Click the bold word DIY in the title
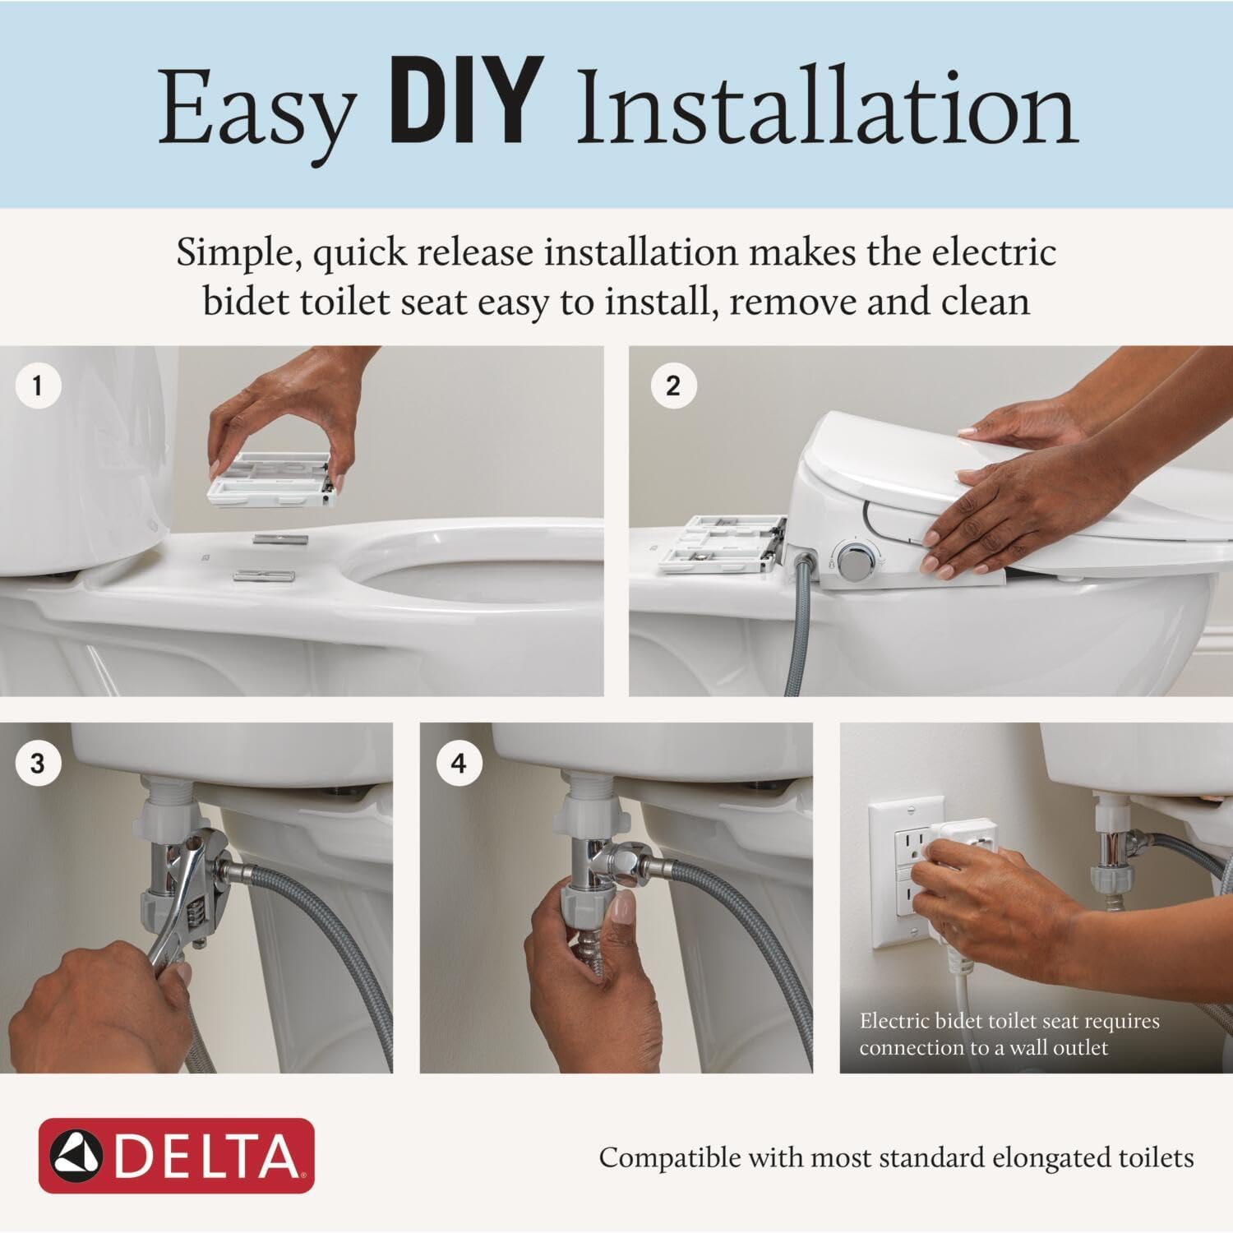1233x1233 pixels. click(466, 103)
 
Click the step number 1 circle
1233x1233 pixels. click(37, 385)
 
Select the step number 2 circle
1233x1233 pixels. click(673, 386)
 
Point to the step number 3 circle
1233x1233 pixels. click(37, 764)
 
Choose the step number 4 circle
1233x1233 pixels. click(459, 764)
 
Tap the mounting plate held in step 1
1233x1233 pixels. click(271, 477)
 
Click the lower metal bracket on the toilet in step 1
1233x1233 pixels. click(264, 575)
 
